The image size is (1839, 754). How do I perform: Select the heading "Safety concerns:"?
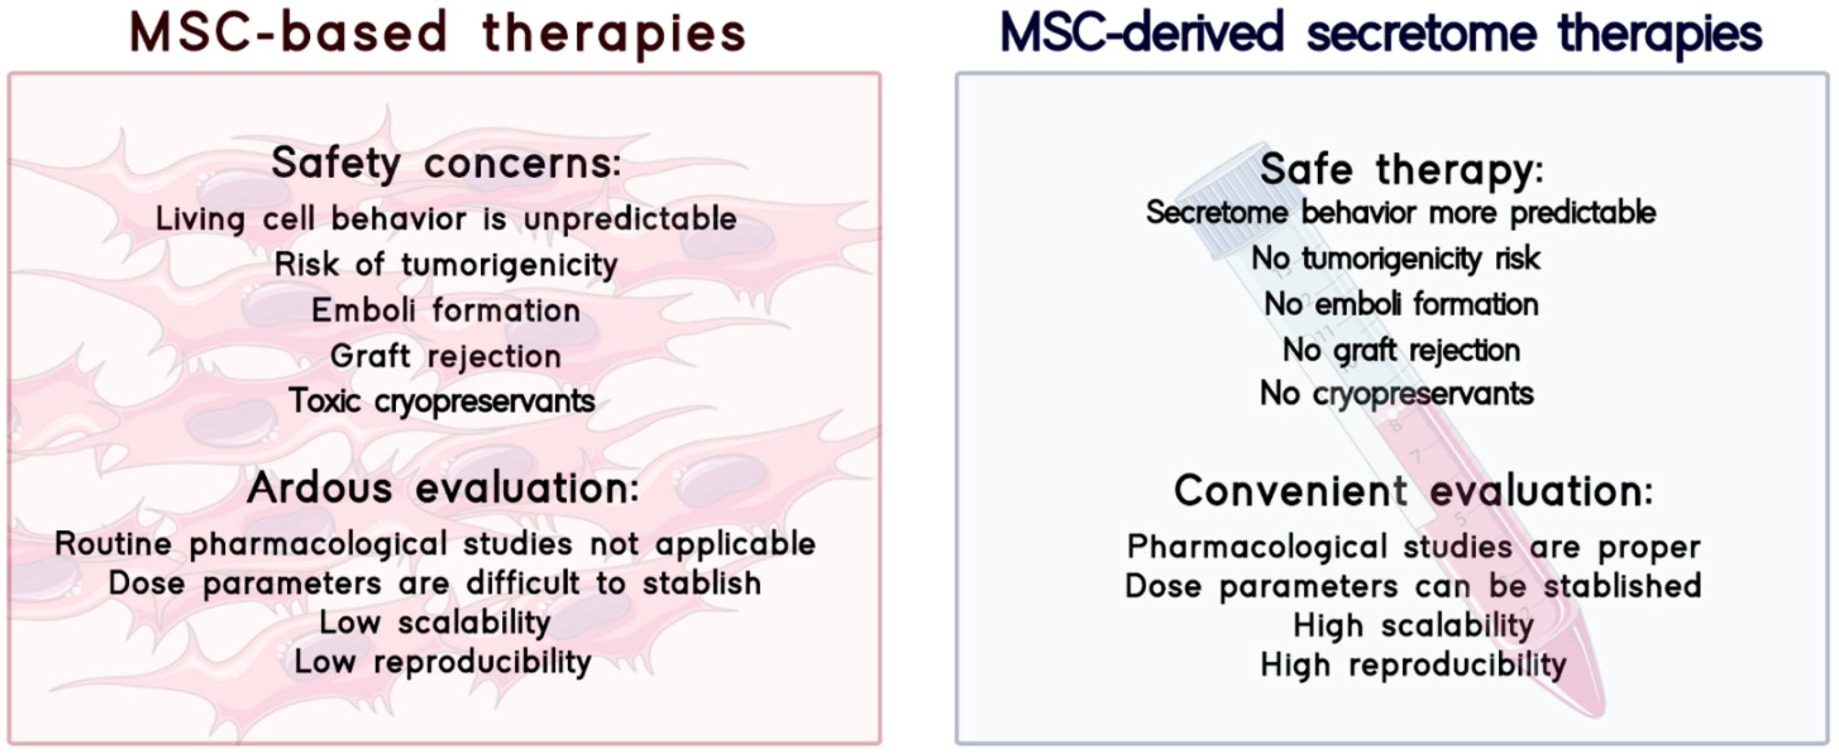446,163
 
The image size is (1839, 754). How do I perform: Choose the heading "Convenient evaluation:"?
1413,491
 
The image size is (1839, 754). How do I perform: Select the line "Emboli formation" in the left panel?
446,310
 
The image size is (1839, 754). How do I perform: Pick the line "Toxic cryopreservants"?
442,401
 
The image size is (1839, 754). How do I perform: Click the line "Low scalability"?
435,623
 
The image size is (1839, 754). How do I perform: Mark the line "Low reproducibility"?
443,662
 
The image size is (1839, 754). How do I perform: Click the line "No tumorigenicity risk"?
1396,258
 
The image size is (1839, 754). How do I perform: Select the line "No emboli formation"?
1401,305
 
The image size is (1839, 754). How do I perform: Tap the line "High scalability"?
1413,626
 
